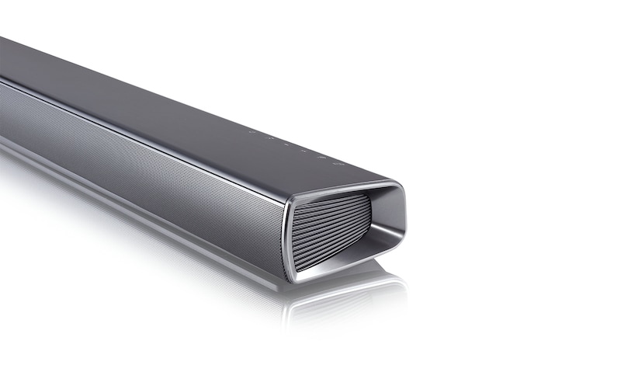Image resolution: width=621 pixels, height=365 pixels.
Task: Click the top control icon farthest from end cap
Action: [x=252, y=132]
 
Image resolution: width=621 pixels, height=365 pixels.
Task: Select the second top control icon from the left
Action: [x=269, y=138]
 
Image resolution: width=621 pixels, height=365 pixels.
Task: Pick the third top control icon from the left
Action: [x=286, y=144]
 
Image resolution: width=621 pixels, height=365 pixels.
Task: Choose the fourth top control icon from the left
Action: [x=303, y=151]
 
